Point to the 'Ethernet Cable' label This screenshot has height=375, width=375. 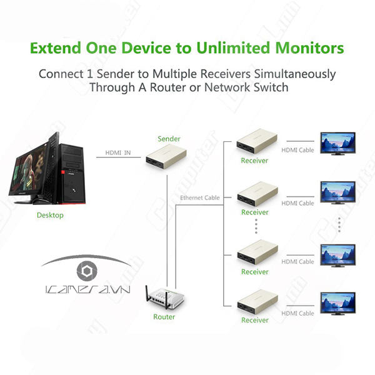pyautogui.click(x=200, y=198)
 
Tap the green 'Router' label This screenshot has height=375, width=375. pyautogui.click(x=164, y=317)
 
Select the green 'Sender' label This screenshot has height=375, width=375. pyautogui.click(x=169, y=138)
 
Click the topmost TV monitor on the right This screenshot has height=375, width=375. pyautogui.click(x=339, y=142)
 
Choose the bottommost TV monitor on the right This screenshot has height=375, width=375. pyautogui.click(x=339, y=304)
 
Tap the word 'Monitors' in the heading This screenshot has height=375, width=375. pyautogui.click(x=309, y=48)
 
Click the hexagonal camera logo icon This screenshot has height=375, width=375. pyautogui.click(x=84, y=272)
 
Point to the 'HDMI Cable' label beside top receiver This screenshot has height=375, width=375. pyautogui.click(x=297, y=150)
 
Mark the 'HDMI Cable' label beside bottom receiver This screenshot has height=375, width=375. pyautogui.click(x=297, y=312)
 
